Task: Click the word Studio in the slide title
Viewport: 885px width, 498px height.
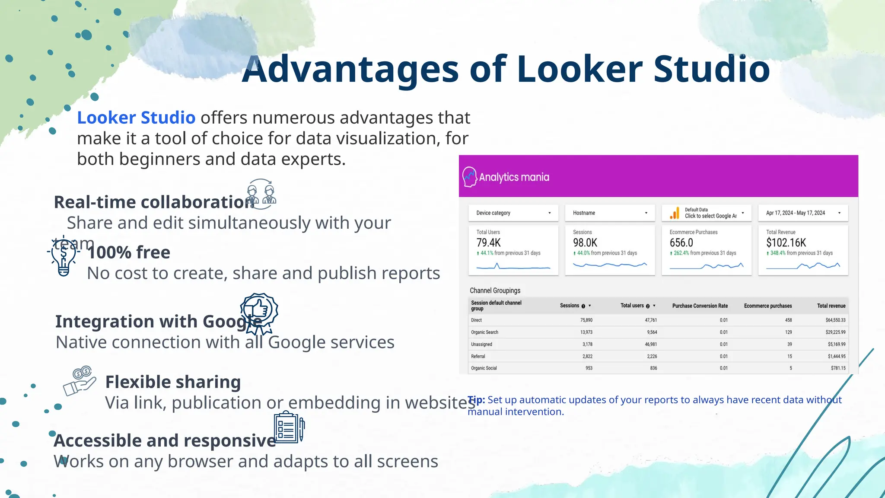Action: (711, 69)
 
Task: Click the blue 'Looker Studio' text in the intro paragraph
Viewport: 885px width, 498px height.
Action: (136, 118)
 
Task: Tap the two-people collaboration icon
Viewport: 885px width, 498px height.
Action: (261, 194)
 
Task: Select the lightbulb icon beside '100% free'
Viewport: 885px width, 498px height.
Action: (64, 256)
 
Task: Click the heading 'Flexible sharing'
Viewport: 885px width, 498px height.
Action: (173, 382)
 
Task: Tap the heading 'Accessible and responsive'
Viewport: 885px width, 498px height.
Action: (165, 441)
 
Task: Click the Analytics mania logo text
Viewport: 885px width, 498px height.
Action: (514, 177)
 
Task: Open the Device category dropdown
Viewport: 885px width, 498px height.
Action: (513, 213)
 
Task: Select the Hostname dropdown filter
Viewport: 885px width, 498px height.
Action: (610, 213)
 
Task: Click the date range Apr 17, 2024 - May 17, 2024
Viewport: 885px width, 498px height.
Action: (802, 213)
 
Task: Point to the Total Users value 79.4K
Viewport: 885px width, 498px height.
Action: (488, 243)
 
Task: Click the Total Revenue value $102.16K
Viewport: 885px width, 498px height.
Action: (786, 243)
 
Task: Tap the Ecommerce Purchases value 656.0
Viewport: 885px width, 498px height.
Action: (681, 243)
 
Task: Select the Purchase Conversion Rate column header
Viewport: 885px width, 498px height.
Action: (700, 306)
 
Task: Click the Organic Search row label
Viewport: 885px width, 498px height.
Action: (484, 332)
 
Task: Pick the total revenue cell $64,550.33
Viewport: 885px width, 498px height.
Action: (835, 320)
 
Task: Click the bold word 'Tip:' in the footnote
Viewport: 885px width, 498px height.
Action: (476, 400)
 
